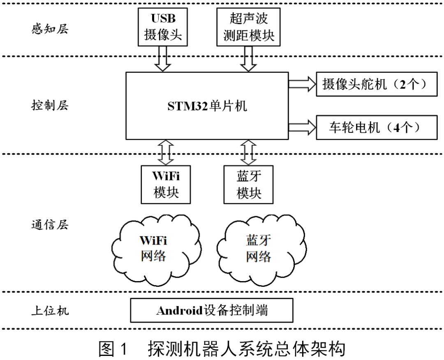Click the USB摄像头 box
(163, 26)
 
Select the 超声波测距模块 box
(248, 26)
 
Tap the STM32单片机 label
(207, 106)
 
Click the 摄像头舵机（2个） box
(377, 85)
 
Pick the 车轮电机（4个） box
(377, 128)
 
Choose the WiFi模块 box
(166, 184)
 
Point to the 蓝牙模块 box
(249, 184)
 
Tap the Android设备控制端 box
(211, 310)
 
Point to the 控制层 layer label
(50, 105)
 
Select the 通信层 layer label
(50, 225)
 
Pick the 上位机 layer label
(50, 310)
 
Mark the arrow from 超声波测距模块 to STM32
(248, 58)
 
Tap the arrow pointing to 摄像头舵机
(302, 84)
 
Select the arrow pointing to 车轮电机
(302, 128)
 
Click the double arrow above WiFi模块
(166, 152)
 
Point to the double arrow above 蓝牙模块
(248, 152)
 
